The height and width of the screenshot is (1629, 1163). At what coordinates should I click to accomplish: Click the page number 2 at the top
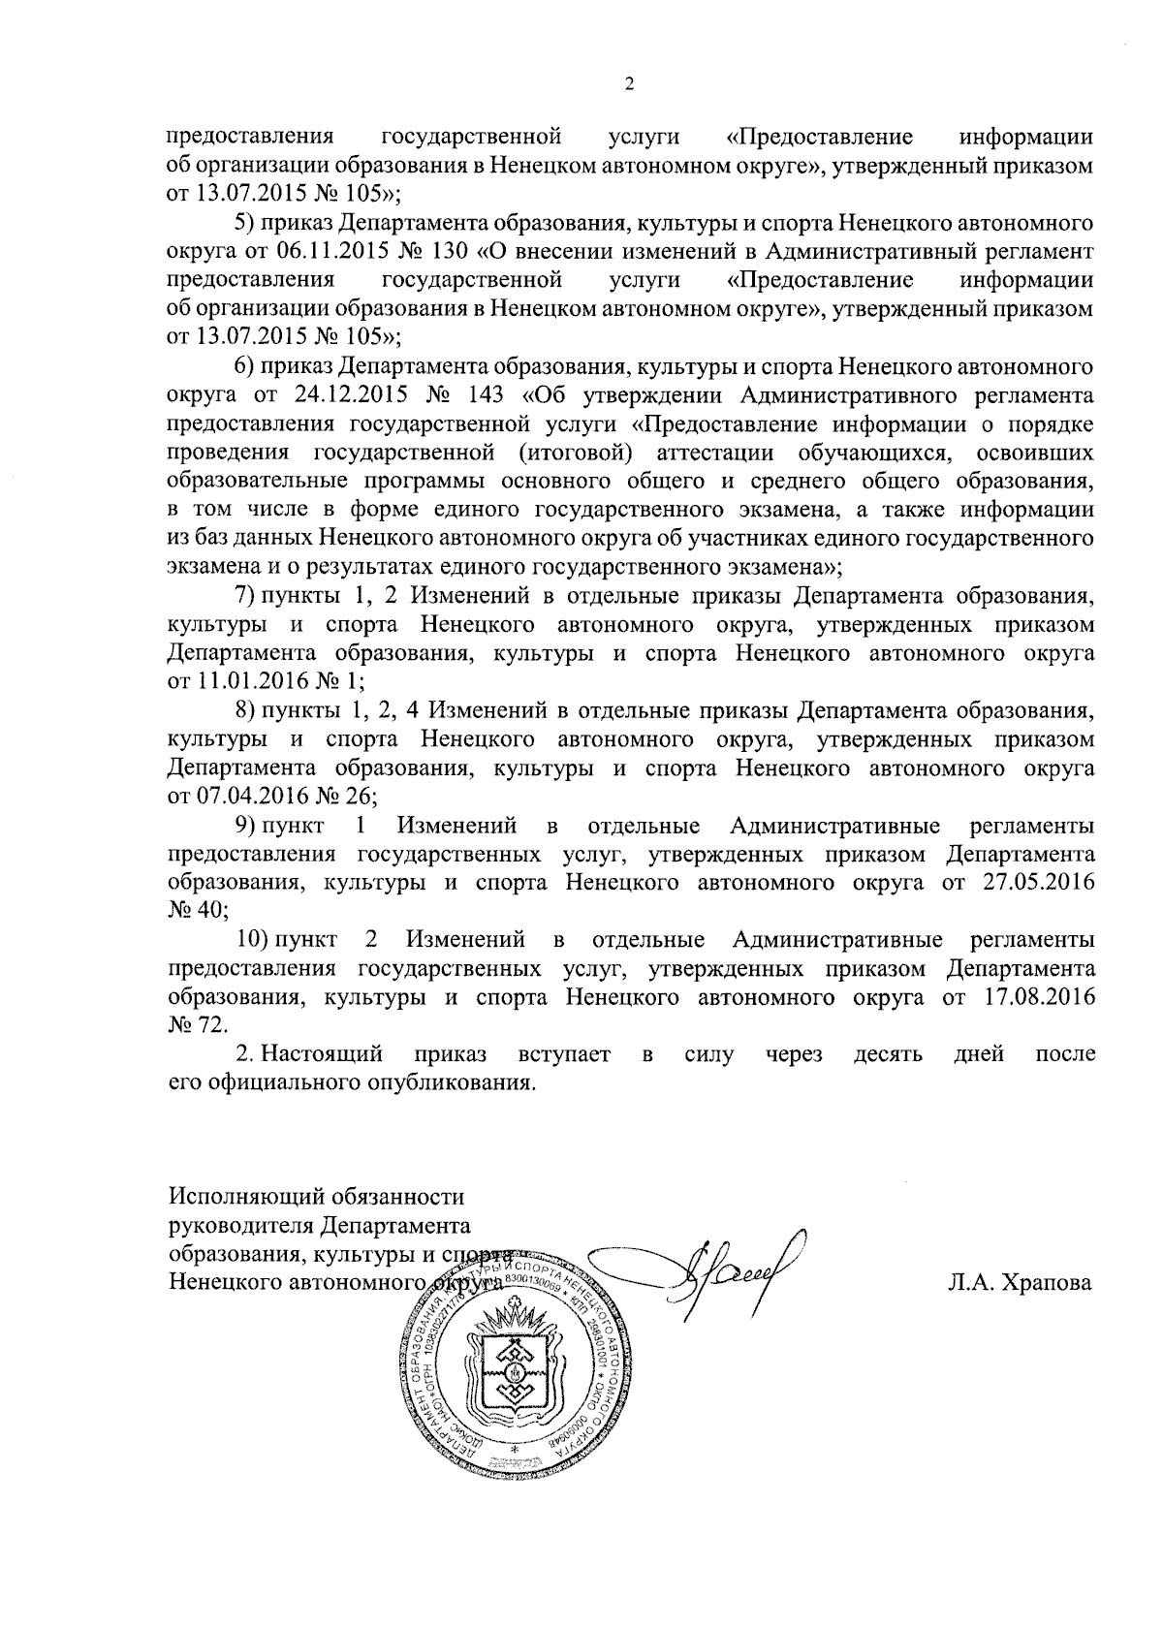pos(629,85)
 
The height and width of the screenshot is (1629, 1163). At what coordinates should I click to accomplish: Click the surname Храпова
pos(1021,1284)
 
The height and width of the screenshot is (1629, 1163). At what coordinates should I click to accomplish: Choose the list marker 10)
pos(255,940)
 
